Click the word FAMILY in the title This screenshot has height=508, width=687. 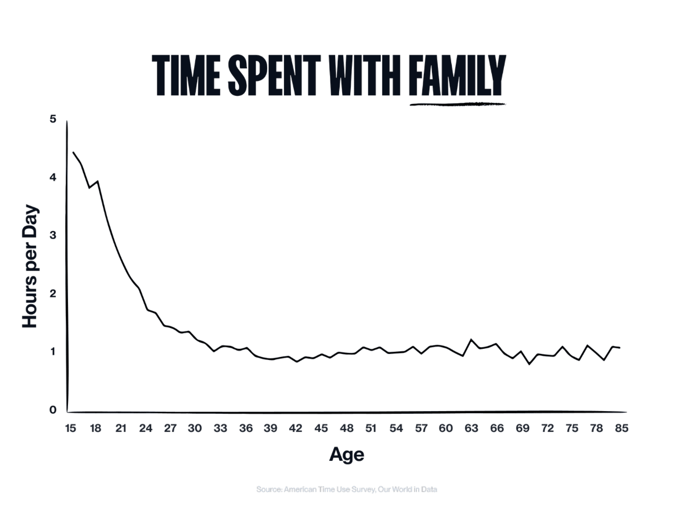click(457, 76)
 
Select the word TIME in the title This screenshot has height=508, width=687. click(186, 76)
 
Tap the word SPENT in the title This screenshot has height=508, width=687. click(274, 76)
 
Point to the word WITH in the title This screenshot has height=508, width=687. click(366, 76)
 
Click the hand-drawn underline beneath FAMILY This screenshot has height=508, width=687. click(457, 105)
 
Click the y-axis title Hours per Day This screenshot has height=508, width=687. click(30, 266)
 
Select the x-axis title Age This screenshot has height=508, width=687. click(347, 454)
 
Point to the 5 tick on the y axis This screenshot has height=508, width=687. click(53, 119)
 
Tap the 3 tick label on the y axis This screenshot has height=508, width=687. click(53, 235)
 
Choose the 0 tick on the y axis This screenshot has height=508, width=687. click(53, 410)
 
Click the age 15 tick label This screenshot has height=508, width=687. click(70, 428)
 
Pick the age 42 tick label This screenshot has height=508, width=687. click(296, 428)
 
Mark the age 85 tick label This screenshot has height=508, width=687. click(622, 428)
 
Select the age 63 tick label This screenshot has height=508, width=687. click(471, 428)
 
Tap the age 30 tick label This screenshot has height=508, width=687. click(195, 428)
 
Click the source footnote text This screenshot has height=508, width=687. click(347, 490)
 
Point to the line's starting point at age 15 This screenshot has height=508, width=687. click(74, 152)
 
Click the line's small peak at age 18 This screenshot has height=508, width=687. click(97, 181)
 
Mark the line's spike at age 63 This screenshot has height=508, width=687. click(472, 340)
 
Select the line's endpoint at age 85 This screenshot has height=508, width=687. click(620, 348)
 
